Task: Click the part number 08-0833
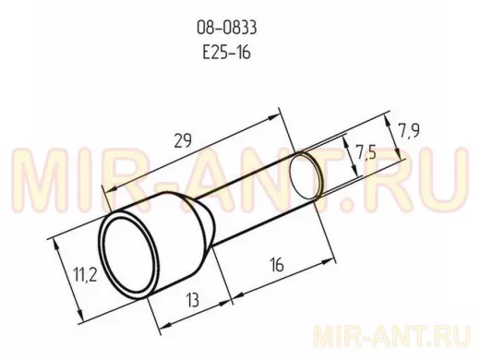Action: pos(227,28)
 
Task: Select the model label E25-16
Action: pos(227,52)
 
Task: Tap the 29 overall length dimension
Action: pos(183,140)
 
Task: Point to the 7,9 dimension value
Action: pos(409,130)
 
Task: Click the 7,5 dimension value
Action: pos(366,152)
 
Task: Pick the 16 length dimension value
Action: pos(277,265)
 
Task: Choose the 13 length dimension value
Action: pos(193,300)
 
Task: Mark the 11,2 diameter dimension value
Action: pos(85,274)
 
